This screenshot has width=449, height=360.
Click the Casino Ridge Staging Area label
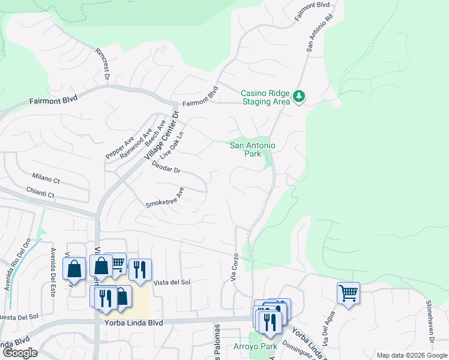point(265,97)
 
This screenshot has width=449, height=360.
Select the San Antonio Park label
point(253,149)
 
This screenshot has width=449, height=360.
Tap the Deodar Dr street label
point(166,167)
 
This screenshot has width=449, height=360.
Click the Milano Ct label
point(46,180)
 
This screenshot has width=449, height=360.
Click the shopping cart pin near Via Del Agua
point(348,293)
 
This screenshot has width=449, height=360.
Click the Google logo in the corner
point(19,353)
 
